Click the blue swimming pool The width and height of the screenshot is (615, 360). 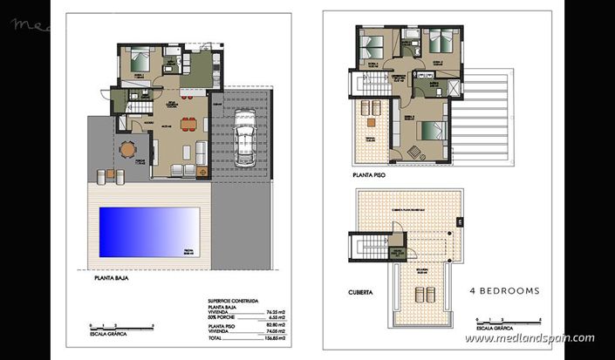149,232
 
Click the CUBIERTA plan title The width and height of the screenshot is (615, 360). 361,293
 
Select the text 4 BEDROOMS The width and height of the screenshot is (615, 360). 505,290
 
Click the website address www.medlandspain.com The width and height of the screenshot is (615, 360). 529,338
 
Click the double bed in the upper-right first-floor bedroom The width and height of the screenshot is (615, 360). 437,42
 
